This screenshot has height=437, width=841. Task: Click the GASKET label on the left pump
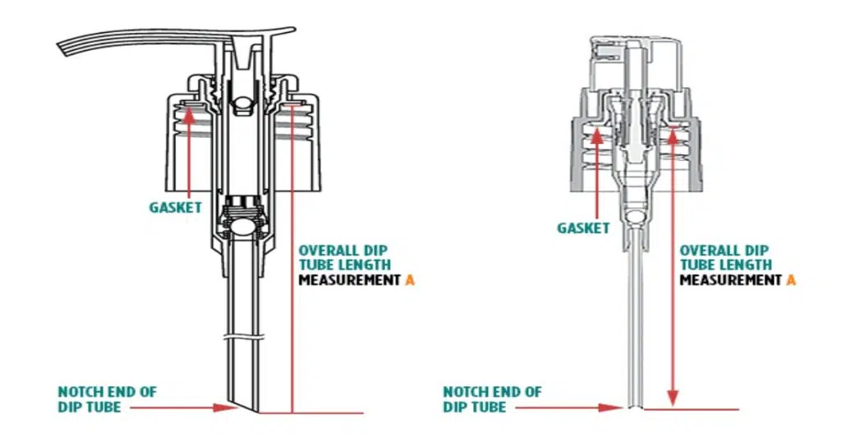click(x=175, y=208)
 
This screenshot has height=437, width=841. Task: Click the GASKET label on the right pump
click(x=583, y=228)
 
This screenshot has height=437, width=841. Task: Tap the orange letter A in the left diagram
click(x=411, y=280)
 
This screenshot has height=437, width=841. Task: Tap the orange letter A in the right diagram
click(x=792, y=280)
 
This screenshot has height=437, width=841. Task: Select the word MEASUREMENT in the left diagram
click(x=350, y=280)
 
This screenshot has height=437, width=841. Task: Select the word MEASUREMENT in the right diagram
click(x=731, y=280)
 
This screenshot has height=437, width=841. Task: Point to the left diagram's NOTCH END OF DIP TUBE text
click(x=107, y=399)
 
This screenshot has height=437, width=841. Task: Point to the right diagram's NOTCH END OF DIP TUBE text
click(x=493, y=399)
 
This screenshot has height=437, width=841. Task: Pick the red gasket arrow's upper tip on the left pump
click(x=190, y=109)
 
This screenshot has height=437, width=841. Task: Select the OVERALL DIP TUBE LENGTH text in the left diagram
click(x=345, y=257)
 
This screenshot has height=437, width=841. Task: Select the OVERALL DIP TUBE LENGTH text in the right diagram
click(x=726, y=257)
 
